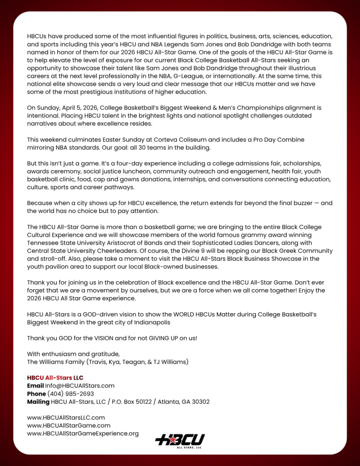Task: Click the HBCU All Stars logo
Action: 180,440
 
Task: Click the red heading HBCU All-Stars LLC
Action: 55,377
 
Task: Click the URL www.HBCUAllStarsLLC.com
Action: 66,417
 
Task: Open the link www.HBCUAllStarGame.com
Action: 69,425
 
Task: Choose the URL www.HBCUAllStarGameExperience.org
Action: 83,434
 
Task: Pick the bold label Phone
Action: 37,394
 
